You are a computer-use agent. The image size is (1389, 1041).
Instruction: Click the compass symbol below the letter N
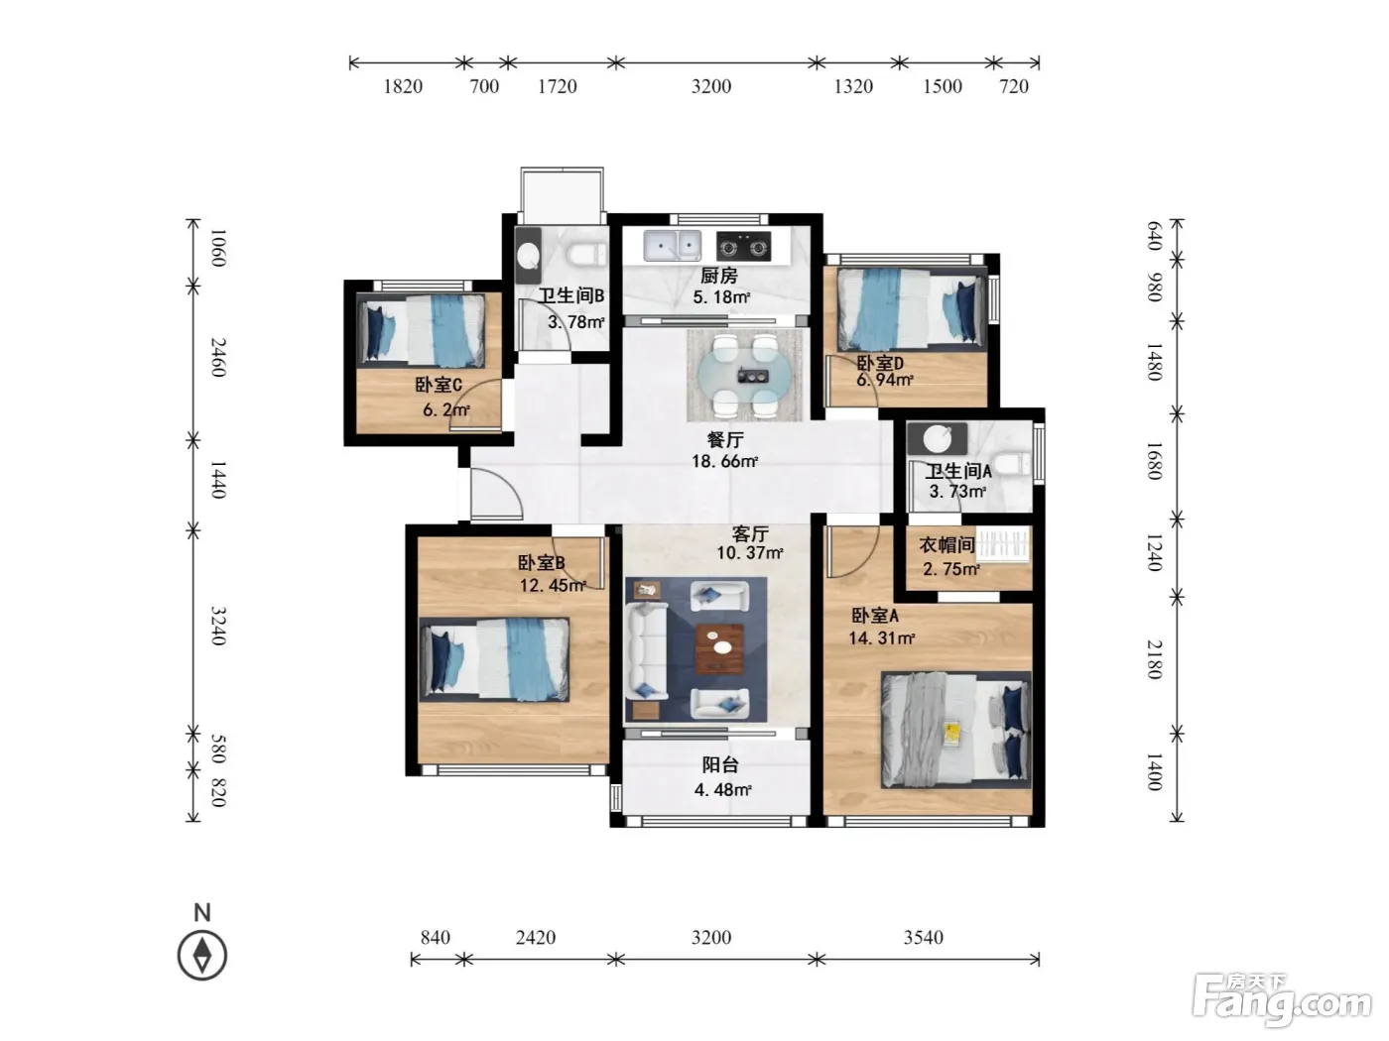[201, 955]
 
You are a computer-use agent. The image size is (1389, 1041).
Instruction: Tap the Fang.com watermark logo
[1282, 1002]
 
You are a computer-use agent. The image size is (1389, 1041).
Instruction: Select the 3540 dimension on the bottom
[924, 937]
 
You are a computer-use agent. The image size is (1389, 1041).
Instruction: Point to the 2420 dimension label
[536, 937]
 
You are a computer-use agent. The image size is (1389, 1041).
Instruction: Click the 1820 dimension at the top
[403, 86]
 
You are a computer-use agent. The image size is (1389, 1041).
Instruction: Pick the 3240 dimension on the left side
[218, 626]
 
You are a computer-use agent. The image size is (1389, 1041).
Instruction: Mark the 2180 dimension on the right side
[1155, 659]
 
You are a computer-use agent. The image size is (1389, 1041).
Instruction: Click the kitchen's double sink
[672, 245]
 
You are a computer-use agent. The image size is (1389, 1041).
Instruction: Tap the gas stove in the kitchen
[743, 247]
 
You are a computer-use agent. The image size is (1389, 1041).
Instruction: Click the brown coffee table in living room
[719, 648]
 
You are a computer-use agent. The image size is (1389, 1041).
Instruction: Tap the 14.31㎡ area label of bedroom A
[881, 638]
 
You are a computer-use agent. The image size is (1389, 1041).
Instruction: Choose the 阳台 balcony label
[720, 765]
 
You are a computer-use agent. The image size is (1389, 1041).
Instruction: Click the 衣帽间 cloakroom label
[947, 544]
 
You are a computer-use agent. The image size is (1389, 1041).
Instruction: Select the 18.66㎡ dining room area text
[724, 461]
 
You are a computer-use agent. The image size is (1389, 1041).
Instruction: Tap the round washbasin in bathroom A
[937, 438]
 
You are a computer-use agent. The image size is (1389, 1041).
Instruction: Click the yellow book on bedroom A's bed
[951, 734]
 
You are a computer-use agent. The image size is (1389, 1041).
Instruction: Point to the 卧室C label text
[439, 385]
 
